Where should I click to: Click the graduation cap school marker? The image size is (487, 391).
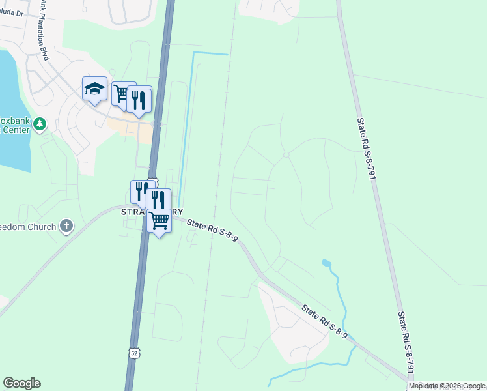[94, 89]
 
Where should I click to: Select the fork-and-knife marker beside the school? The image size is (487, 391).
[139, 99]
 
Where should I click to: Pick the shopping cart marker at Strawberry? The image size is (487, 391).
[159, 222]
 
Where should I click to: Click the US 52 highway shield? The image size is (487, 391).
[134, 353]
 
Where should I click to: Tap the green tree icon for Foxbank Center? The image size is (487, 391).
[40, 123]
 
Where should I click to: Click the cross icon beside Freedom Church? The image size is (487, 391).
[66, 226]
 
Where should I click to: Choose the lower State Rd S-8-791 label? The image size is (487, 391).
[406, 341]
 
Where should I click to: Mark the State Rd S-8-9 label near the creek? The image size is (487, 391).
[324, 322]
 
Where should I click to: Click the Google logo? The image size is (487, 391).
[21, 383]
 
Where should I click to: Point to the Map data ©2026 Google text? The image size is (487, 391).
[447, 386]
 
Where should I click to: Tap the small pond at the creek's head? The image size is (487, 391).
[326, 263]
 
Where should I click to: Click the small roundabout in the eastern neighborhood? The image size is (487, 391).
[286, 154]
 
